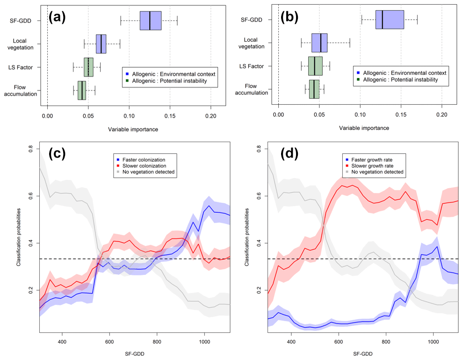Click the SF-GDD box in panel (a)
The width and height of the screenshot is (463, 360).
(151, 21)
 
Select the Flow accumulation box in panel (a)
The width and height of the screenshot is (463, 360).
(82, 90)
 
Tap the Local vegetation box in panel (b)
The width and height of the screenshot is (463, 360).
(319, 43)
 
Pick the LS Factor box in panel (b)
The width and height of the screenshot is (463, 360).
(315, 66)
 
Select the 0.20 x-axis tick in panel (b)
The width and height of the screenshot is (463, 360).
(441, 114)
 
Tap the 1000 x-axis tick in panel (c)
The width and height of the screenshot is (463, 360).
(204, 341)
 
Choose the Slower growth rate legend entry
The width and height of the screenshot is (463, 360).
(370, 166)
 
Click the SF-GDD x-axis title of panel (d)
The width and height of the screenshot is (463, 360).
(362, 354)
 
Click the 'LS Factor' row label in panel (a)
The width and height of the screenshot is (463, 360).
(25, 67)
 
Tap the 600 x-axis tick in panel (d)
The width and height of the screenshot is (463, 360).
(339, 341)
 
